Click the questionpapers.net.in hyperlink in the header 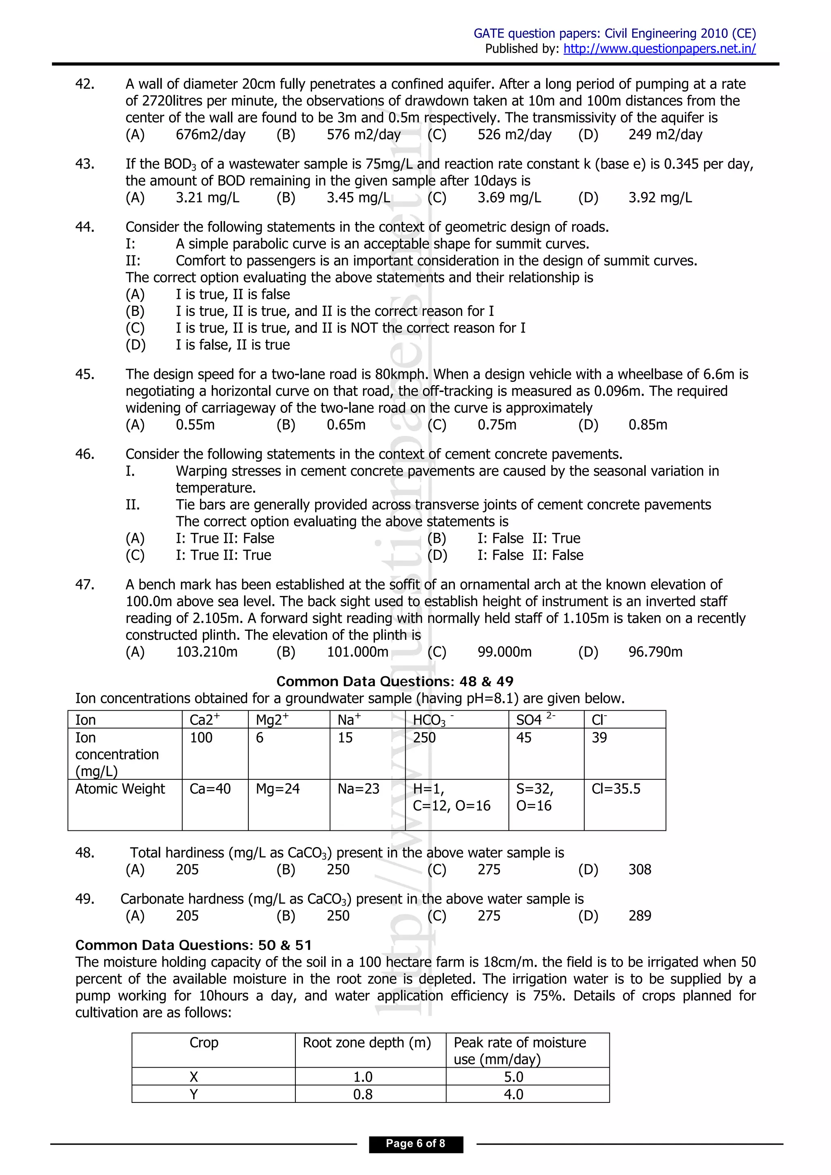[659, 49]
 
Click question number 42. [84, 84]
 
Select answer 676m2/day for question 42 [211, 135]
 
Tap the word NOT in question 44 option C [364, 328]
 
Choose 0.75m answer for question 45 [497, 425]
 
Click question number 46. [84, 455]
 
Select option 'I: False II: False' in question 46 [530, 555]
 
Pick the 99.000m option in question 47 [504, 652]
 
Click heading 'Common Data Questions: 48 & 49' [395, 682]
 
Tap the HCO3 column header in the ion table [430, 720]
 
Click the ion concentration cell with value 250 [424, 738]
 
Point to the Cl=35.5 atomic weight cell [616, 789]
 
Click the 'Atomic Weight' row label [120, 789]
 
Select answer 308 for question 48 [639, 869]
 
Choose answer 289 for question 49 [639, 916]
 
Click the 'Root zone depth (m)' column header [366, 1042]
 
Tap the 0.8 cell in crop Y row [363, 1094]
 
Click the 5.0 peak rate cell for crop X [514, 1077]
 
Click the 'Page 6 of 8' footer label [415, 1144]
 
